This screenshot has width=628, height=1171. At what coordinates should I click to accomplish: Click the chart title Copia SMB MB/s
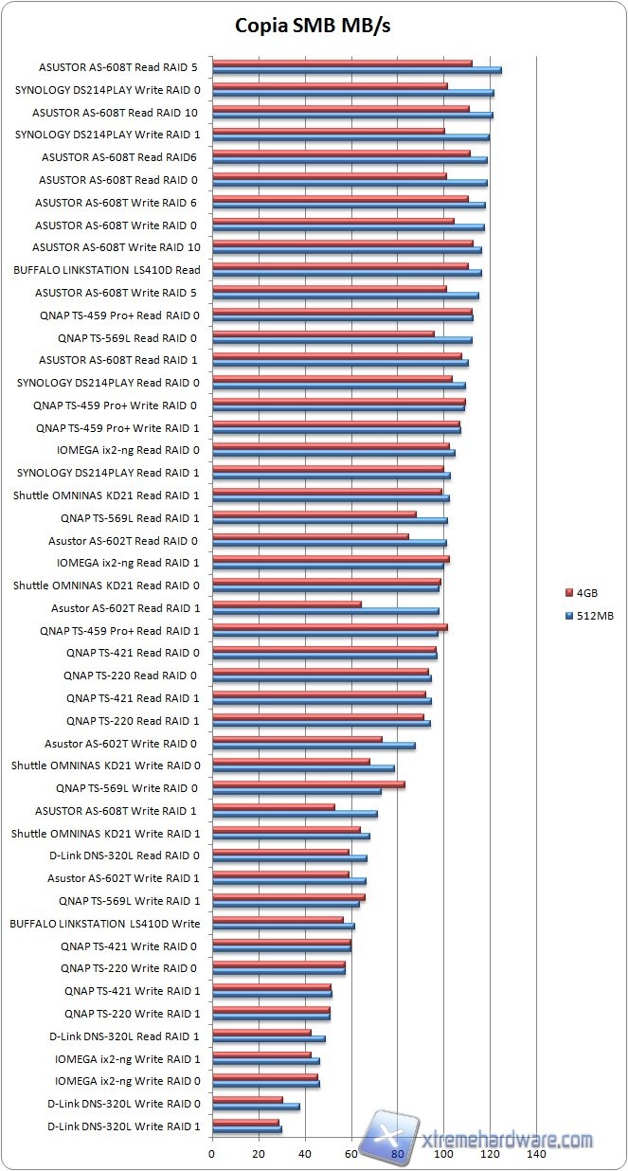coord(313,27)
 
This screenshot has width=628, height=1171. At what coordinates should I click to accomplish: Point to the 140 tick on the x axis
coord(536,1155)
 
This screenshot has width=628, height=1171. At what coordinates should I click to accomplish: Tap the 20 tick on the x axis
coord(259,1155)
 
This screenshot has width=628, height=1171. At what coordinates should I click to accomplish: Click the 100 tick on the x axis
coord(443,1155)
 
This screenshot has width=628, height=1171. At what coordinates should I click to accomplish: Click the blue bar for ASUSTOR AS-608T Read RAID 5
coord(356,70)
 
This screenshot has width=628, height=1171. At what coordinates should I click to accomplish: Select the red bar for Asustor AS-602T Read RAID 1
coord(287,604)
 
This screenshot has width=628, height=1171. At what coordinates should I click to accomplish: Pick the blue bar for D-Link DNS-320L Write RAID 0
coord(256,1107)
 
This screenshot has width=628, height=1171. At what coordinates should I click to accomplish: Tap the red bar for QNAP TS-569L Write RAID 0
coord(308,784)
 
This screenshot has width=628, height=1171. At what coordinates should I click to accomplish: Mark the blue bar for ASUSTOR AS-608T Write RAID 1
coord(295,814)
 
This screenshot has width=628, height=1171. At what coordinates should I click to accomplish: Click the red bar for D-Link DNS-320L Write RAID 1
coord(245,1122)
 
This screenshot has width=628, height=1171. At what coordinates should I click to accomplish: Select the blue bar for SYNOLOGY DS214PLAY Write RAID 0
coord(352,93)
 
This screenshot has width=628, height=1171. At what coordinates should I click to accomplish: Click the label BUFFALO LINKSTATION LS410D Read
coord(106,269)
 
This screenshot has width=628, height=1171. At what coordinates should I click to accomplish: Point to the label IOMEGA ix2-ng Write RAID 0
coord(127,1081)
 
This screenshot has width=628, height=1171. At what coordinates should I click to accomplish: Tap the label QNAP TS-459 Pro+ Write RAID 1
coord(117,427)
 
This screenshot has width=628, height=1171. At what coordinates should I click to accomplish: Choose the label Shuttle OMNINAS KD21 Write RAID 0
coord(105,766)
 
